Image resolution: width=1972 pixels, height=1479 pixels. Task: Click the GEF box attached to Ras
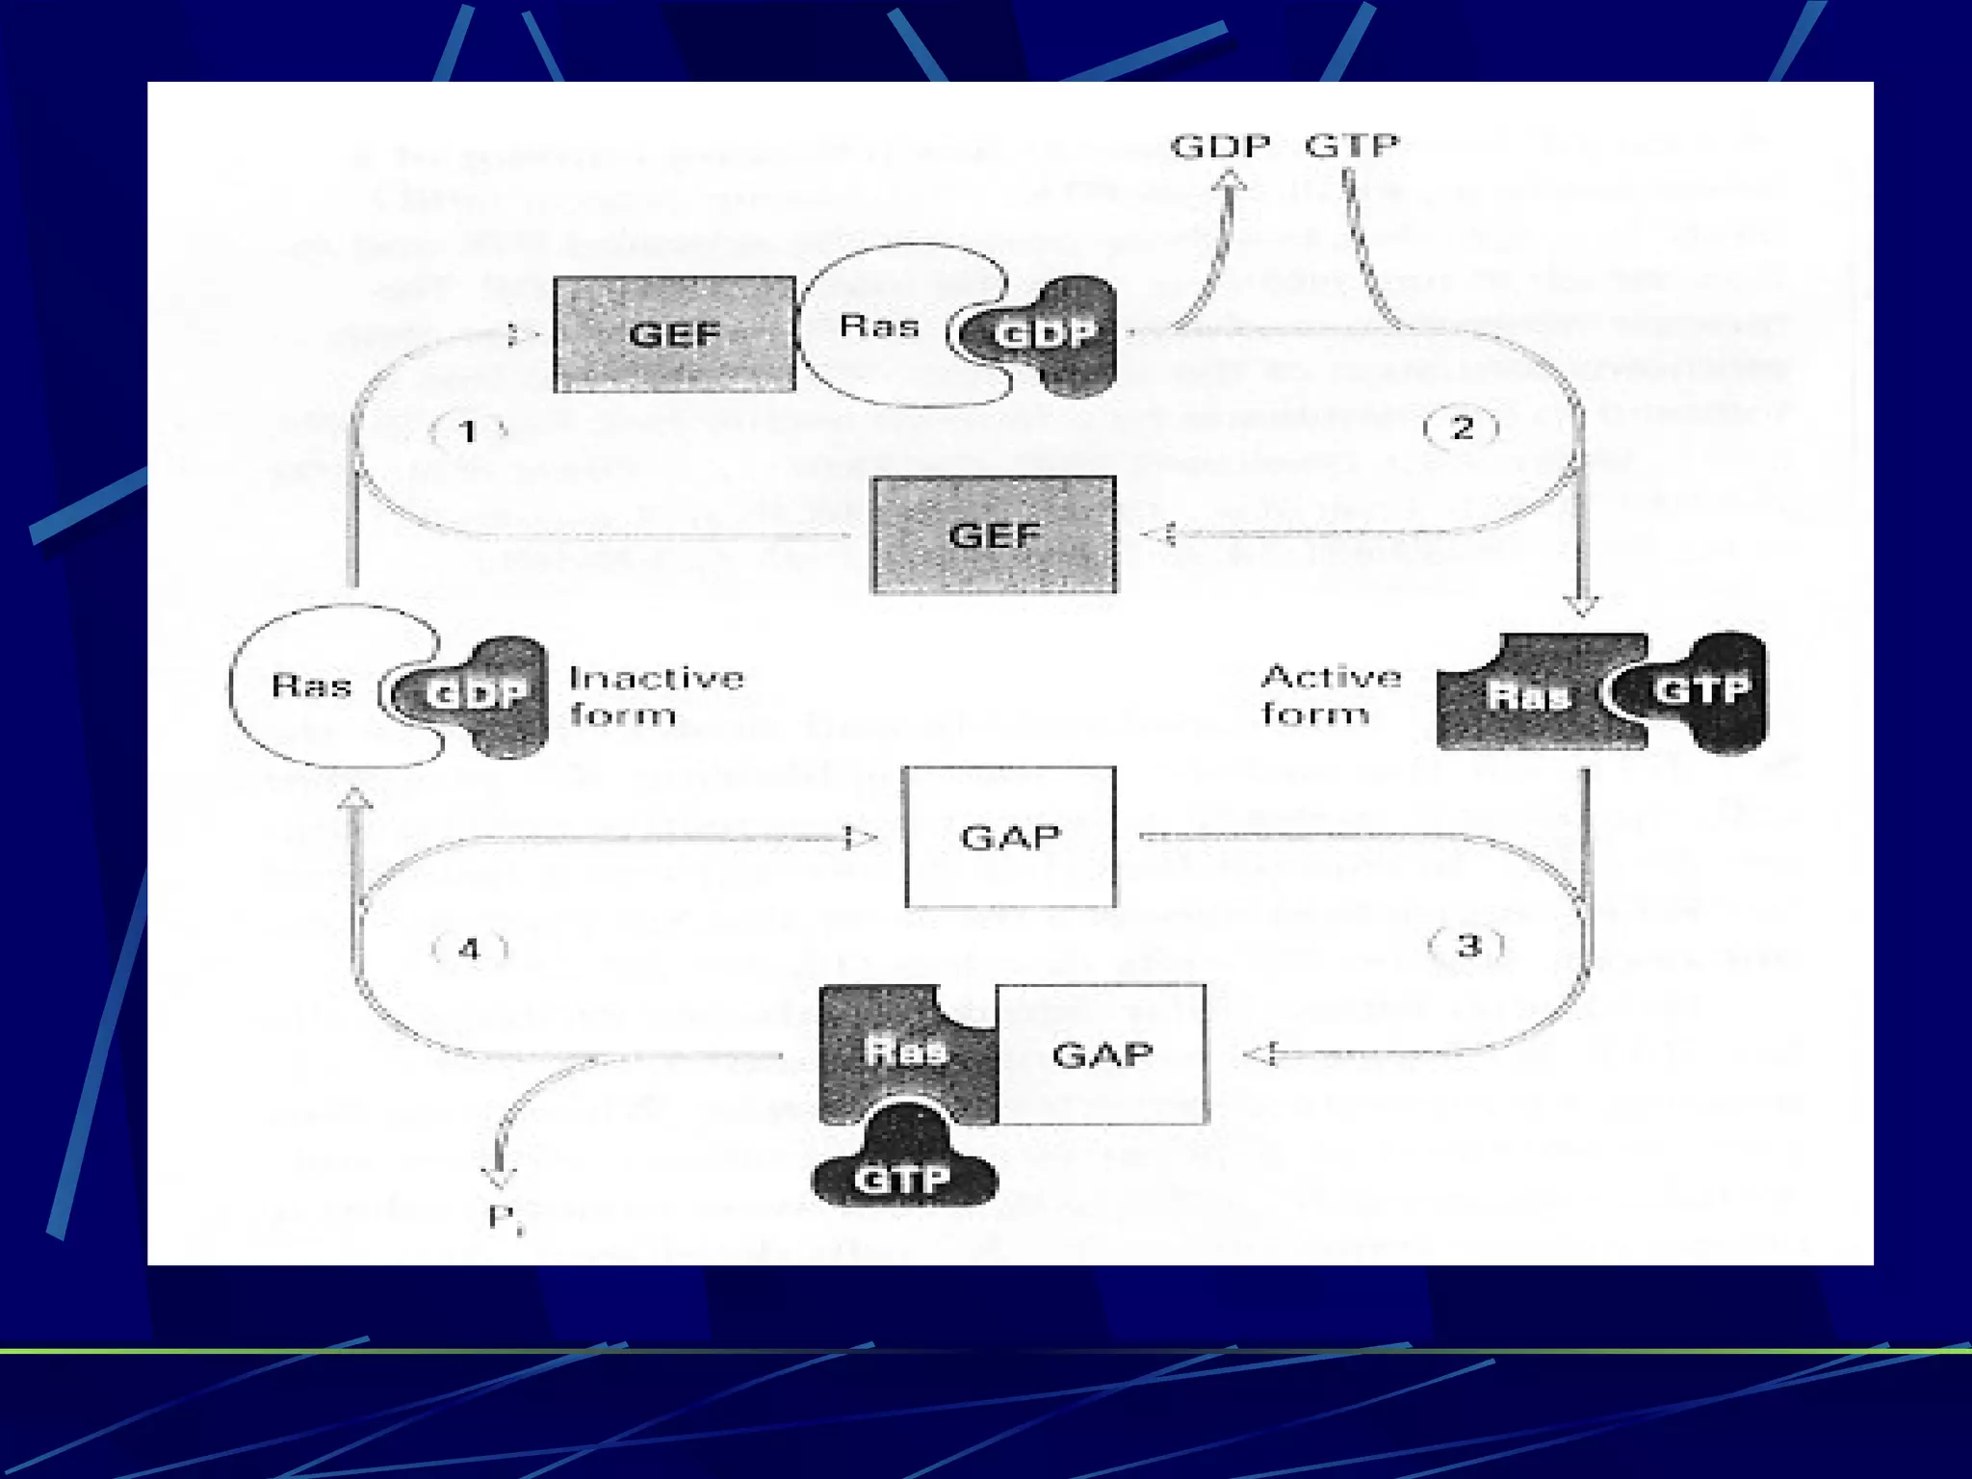(x=674, y=334)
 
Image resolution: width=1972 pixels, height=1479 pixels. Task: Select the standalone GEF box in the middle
(x=994, y=534)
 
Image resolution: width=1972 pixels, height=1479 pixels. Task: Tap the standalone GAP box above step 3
(x=1010, y=837)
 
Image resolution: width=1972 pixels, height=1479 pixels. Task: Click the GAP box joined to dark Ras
(x=1102, y=1053)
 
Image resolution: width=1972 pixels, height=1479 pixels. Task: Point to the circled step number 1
(x=468, y=430)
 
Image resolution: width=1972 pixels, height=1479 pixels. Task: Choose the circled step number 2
(x=1462, y=428)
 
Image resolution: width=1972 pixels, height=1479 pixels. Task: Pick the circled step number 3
(x=1466, y=946)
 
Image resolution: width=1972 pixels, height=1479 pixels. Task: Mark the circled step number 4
(x=469, y=949)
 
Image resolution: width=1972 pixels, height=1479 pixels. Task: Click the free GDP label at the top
(x=1220, y=146)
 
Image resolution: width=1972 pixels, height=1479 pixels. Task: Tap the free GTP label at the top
(x=1352, y=145)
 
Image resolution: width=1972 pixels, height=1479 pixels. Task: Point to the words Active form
(x=1331, y=694)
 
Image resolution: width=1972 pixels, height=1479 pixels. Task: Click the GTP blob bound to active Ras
(x=1702, y=690)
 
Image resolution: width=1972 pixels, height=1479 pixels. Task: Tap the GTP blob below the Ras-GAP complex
(x=903, y=1177)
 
